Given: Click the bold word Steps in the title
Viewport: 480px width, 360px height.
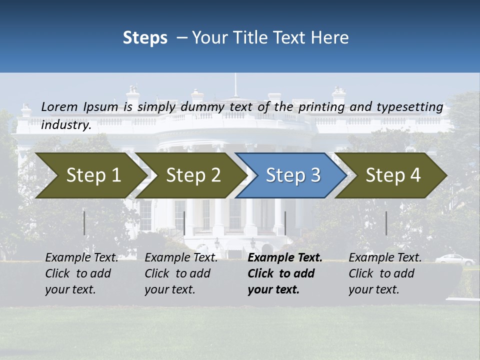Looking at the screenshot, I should pos(145,38).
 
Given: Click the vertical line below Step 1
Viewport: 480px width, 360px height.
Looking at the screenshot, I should pos(84,223).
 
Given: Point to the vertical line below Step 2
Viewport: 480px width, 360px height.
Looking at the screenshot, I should pos(184,223).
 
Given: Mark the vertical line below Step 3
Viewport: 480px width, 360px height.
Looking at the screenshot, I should pos(285,223).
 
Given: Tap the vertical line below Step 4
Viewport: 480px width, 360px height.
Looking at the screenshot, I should pos(386,223).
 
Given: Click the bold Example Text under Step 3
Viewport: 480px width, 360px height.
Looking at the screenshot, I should pos(285,258).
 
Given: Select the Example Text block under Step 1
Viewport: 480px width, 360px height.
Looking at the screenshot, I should pos(81,273).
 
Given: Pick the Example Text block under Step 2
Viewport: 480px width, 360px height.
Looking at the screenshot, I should pos(181,273).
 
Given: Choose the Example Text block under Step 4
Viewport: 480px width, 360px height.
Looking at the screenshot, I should pos(385,273).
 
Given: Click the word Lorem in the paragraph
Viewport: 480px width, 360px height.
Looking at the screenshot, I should pos(59,107).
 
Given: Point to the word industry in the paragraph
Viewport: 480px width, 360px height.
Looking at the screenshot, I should pos(65,125).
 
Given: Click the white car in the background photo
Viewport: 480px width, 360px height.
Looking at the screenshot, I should pos(454,259).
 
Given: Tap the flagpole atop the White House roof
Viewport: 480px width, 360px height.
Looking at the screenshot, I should pos(234,85).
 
